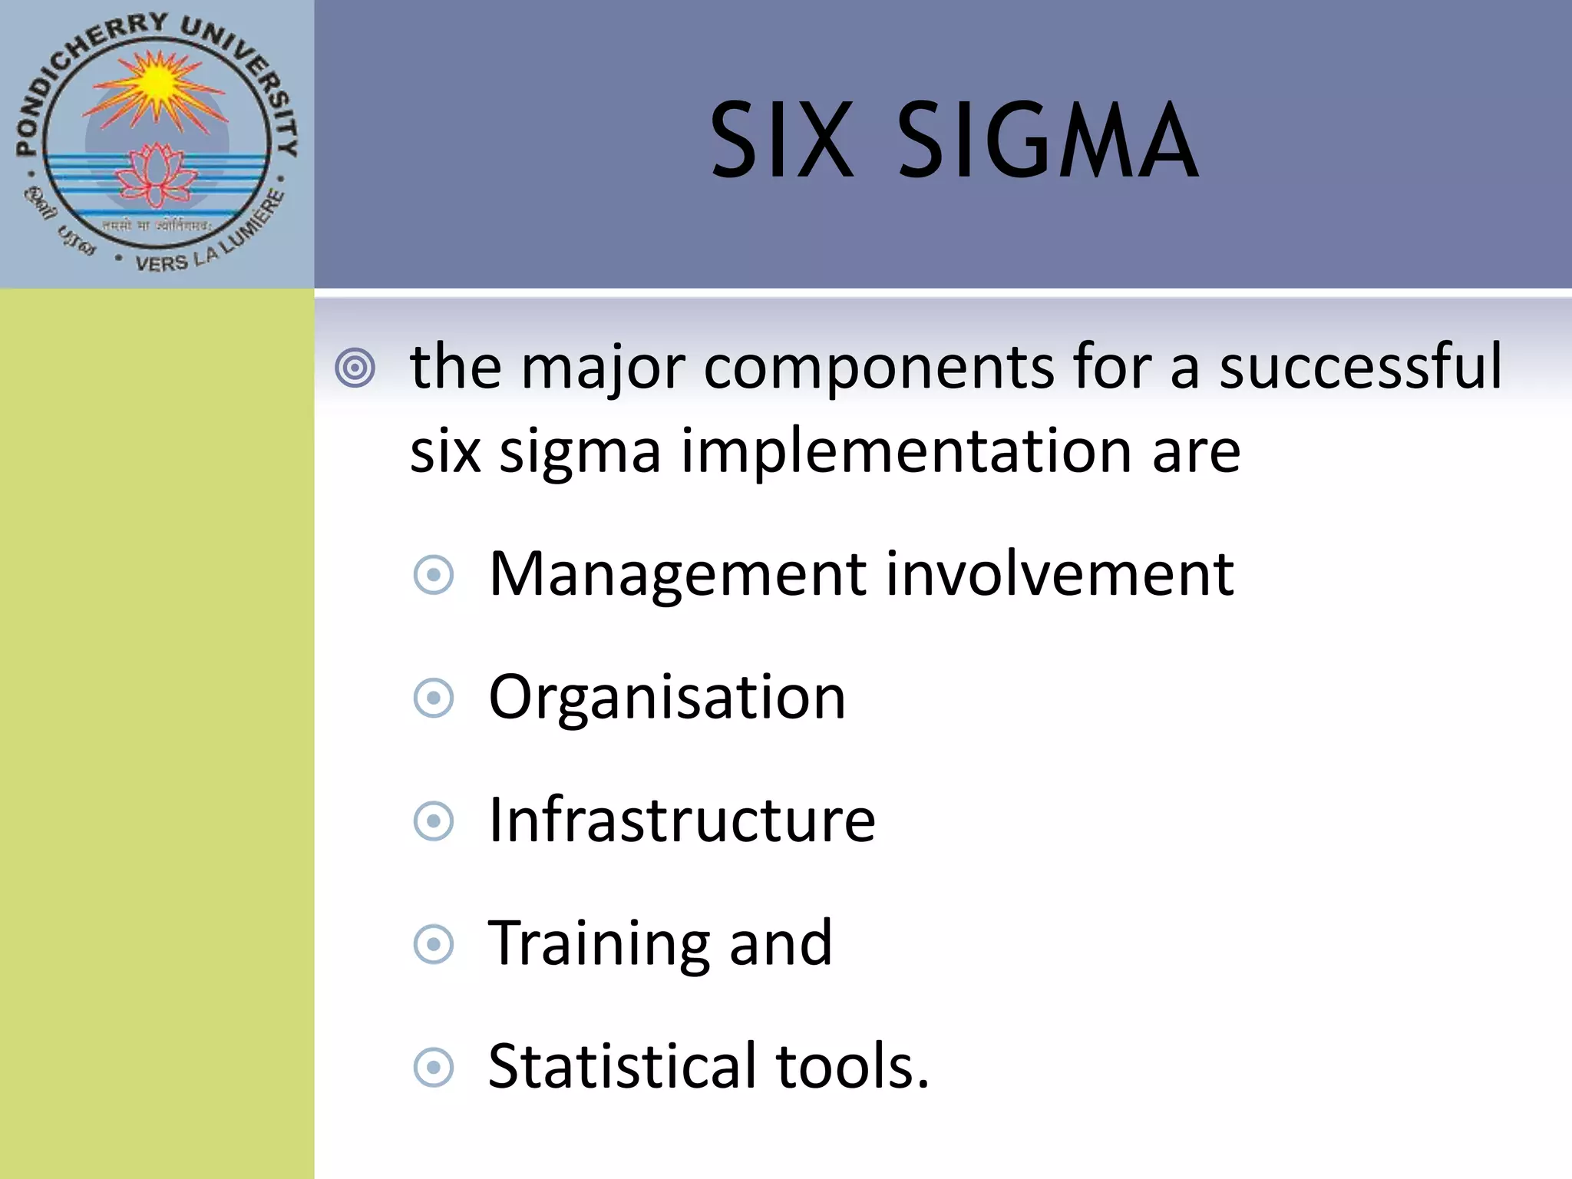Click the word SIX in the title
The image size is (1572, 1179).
781,141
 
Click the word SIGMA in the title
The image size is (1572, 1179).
1047,141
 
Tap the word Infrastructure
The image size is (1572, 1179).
682,820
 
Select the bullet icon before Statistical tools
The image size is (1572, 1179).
434,1067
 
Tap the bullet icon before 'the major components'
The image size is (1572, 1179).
355,368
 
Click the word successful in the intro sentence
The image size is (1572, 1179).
1360,367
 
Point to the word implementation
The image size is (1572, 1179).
906,451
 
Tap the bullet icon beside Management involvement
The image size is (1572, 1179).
434,575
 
